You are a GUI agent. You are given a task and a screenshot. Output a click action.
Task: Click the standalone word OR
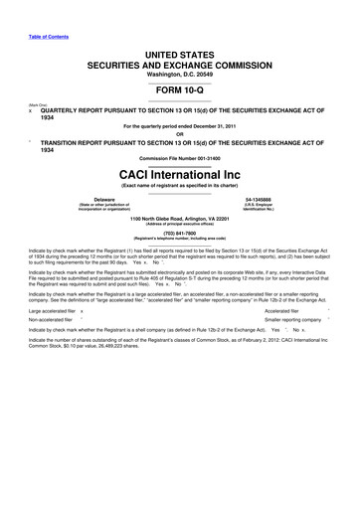[x=180, y=136]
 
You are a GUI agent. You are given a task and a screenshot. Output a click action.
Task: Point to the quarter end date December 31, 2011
[x=225, y=127]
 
